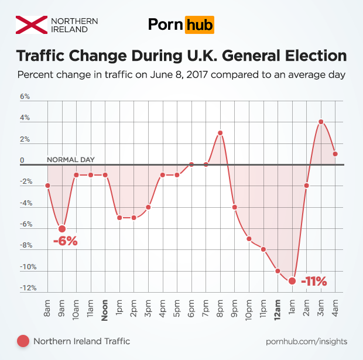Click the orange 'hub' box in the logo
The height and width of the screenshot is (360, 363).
(199, 25)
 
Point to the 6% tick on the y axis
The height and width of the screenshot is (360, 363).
(25, 97)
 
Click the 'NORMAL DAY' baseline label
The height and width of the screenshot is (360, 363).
(70, 159)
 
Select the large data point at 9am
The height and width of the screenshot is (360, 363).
(62, 229)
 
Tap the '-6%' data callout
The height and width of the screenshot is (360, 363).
(65, 241)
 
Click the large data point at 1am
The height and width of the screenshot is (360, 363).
(292, 281)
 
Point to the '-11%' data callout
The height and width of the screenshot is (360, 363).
(313, 282)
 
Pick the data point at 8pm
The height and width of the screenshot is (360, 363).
(220, 133)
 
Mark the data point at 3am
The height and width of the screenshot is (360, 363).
(321, 122)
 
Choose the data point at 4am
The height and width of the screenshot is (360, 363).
(335, 154)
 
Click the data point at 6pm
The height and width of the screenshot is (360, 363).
(191, 164)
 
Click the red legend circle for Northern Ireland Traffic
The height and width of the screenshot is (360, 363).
(23, 341)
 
